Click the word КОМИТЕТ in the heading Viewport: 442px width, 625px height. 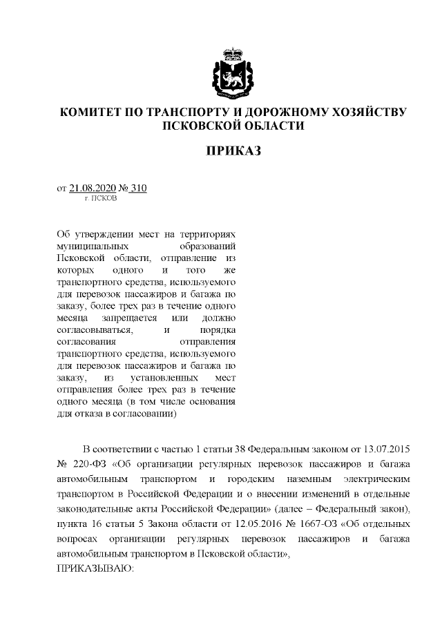[94, 113]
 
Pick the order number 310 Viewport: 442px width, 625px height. [138, 187]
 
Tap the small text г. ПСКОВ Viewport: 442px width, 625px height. [100, 198]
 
